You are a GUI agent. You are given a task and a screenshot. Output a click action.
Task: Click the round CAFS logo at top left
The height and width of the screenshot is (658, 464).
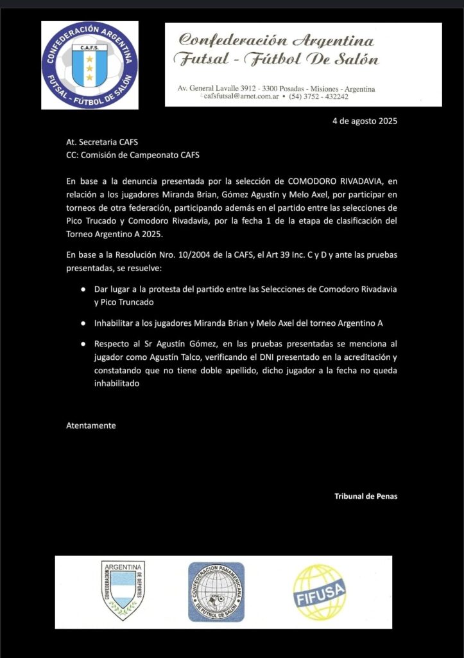90,64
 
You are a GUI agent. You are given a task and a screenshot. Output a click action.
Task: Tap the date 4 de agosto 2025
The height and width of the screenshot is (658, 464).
365,121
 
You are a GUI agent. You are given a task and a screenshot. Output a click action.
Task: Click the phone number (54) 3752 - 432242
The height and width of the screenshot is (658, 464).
318,97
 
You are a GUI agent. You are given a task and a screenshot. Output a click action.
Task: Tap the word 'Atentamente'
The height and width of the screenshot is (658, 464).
91,425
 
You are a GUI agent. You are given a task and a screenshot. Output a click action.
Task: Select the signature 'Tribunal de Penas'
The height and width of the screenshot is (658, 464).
365,495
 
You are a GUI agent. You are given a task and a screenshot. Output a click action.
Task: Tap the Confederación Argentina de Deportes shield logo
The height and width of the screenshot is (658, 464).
123,589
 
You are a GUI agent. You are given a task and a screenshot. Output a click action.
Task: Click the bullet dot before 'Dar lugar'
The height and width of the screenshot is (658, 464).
75,289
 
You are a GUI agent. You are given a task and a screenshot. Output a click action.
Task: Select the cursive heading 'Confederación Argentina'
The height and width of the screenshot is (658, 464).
276,40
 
